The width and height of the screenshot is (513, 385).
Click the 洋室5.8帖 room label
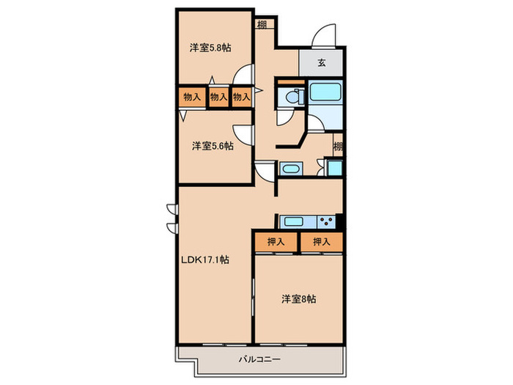pos(210,48)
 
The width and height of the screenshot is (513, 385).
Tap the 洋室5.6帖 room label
pos(213,146)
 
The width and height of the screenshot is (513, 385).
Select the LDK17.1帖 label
pos(206,260)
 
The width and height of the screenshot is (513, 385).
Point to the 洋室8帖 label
pos(299,299)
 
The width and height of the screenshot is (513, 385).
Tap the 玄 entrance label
pos(322,63)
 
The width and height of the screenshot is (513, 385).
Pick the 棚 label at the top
pos(262,23)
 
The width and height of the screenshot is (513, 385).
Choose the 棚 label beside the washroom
pos(338,147)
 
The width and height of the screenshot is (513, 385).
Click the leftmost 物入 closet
pos(193,97)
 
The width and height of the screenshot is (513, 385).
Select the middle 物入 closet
pos(218,97)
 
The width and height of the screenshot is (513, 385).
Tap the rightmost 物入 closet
pos(241,97)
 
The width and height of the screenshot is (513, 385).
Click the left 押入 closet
pos(276,242)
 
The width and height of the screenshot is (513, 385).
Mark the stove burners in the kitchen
pos(327,221)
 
